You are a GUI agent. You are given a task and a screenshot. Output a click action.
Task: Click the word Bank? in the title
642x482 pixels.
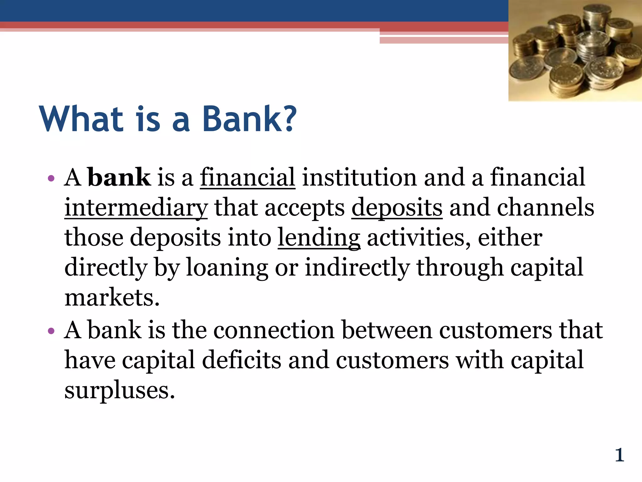[249, 119]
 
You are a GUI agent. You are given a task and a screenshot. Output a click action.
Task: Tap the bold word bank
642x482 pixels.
[119, 178]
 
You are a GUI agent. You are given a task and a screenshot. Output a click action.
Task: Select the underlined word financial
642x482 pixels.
[247, 178]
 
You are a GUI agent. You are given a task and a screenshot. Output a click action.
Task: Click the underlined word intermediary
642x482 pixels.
[136, 208]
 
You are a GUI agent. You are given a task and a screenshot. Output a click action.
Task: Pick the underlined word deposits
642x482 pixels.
[397, 208]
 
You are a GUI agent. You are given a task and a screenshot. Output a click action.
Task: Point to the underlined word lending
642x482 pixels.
[319, 238]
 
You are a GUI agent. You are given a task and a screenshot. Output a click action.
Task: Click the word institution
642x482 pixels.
[359, 178]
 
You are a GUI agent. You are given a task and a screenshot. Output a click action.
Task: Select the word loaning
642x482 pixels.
[227, 268]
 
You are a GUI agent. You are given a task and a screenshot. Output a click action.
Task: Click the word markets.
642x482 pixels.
[112, 297]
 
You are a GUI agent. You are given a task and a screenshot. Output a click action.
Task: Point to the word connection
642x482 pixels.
[274, 330]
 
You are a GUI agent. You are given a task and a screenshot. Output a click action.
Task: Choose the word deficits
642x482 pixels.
[241, 360]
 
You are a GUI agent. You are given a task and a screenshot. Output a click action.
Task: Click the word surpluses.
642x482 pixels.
[119, 390]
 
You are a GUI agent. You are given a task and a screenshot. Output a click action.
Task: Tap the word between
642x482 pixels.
[387, 330]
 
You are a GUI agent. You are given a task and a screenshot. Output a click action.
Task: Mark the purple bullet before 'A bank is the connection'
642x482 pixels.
[51, 331]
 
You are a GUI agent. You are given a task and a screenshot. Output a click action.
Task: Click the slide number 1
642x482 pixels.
[619, 455]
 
